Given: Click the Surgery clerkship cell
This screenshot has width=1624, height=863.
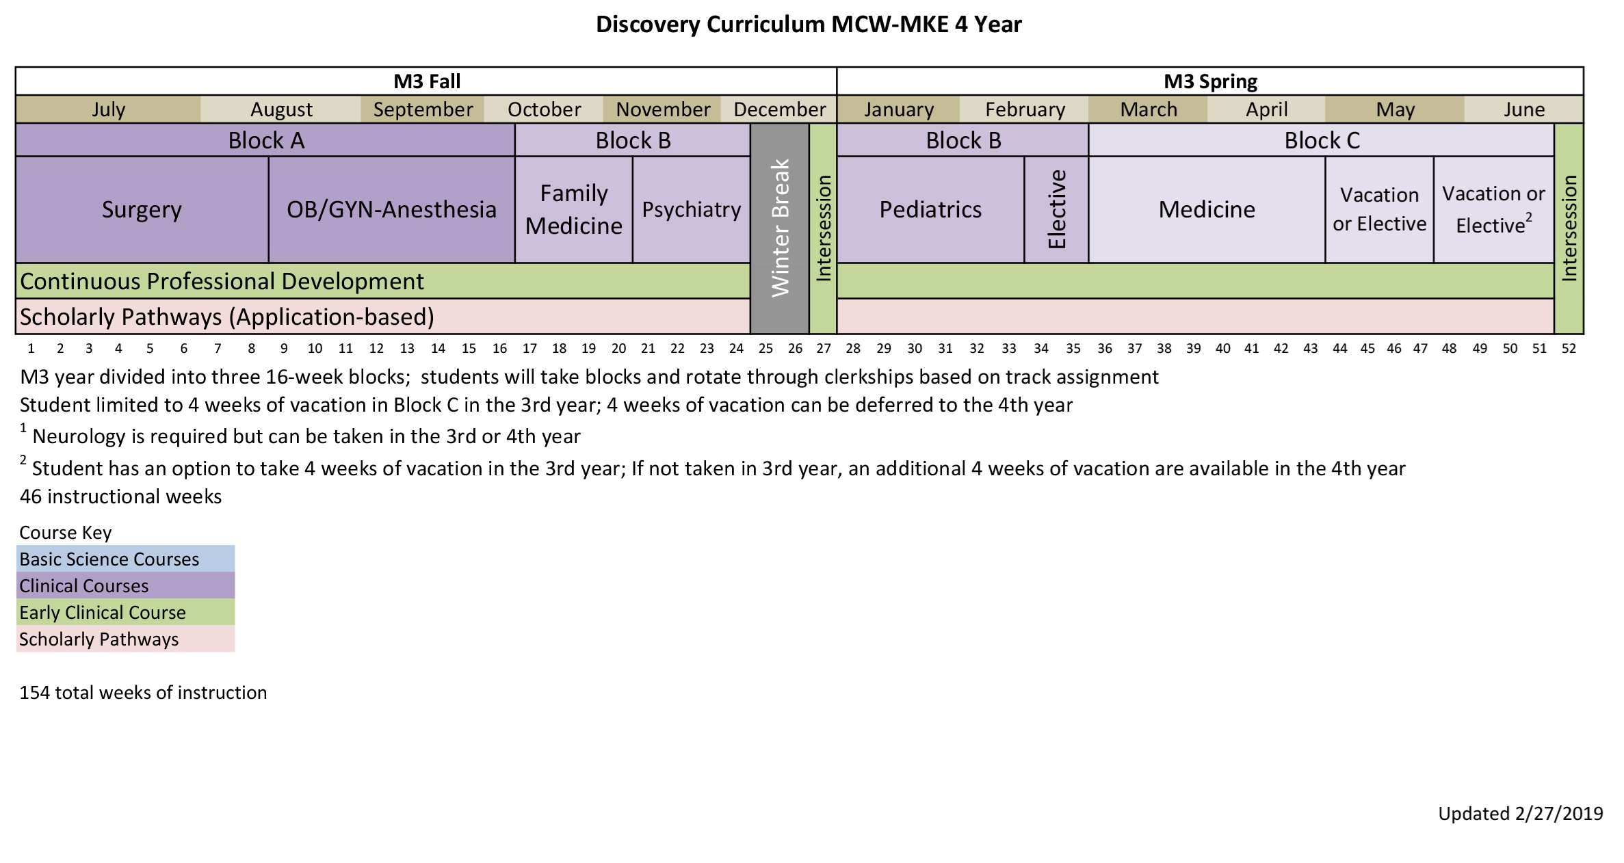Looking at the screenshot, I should (142, 209).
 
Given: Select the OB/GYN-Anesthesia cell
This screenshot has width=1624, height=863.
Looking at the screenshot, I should (391, 209).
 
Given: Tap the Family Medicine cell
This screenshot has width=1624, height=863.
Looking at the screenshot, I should (573, 209).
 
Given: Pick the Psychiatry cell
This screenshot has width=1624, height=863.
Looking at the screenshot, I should (691, 209).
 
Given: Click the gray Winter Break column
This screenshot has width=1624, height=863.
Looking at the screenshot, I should (780, 228).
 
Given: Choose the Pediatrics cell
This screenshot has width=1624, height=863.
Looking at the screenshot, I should (930, 209).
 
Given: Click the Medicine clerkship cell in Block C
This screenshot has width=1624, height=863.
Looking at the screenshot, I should (1207, 209).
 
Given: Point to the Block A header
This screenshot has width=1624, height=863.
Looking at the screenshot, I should (265, 140).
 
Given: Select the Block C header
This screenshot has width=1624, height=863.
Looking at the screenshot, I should (1322, 140).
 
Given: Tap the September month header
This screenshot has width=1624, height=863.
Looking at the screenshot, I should (423, 109).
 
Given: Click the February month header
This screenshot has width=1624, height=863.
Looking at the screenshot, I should (1025, 109).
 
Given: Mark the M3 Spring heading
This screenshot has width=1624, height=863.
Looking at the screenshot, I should (1210, 81).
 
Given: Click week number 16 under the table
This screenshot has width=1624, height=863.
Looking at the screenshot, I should (499, 348).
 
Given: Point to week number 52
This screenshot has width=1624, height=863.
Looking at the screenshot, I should (1569, 348).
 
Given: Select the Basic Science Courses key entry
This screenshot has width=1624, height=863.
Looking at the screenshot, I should (109, 559).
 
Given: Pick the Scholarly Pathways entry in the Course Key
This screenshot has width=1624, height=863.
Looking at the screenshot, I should (99, 639).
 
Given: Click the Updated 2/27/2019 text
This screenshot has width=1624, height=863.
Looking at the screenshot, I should (1520, 813).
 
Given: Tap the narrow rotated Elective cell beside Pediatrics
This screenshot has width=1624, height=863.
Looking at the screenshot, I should (1056, 209).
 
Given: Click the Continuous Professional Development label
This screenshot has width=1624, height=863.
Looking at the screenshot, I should (222, 281).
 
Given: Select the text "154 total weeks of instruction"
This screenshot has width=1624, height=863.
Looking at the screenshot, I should (143, 692).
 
